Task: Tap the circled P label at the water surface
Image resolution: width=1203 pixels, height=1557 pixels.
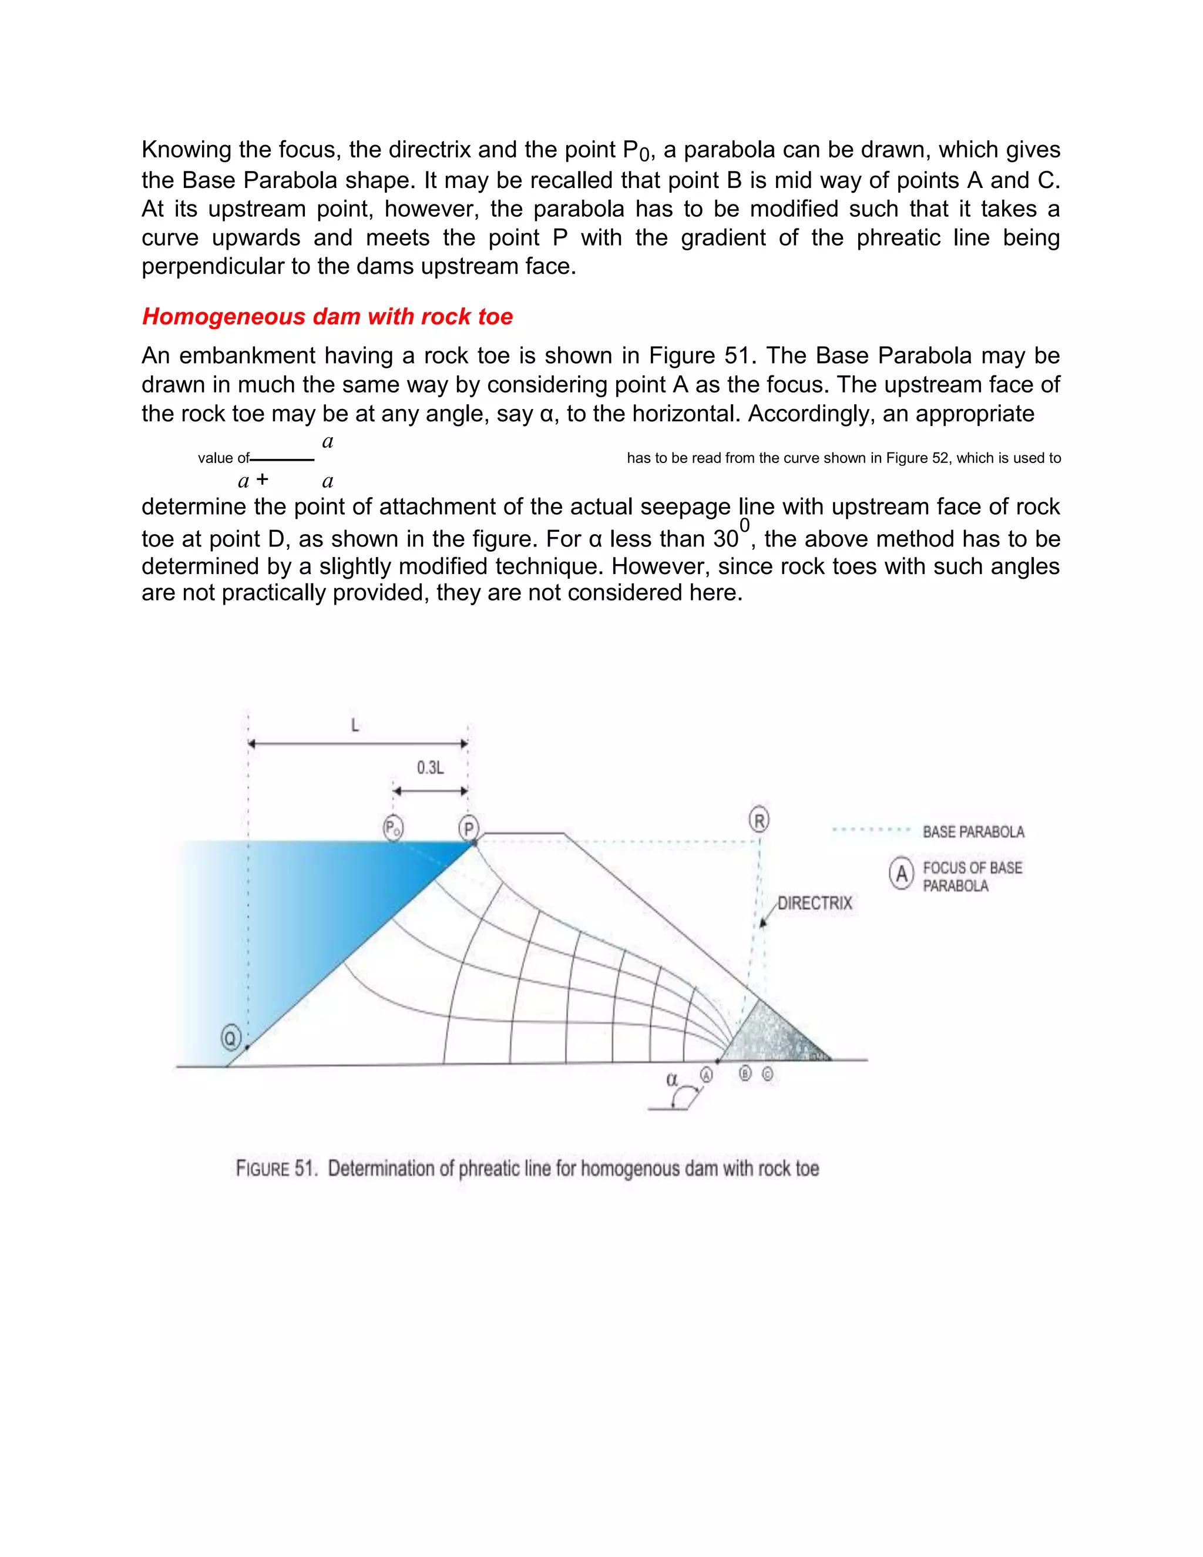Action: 468,828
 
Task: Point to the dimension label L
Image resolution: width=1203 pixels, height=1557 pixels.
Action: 355,726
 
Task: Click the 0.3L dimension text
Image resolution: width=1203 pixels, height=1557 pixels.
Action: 431,768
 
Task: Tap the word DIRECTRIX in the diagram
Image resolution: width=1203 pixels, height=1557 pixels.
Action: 815,903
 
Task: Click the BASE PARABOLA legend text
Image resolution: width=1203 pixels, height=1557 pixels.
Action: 973,832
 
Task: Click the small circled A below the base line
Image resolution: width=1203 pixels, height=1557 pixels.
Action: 706,1075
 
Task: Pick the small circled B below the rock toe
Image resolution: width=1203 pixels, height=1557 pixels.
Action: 745,1073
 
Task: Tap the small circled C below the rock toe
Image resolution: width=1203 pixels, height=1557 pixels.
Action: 768,1073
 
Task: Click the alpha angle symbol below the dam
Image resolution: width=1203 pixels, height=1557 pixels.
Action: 671,1079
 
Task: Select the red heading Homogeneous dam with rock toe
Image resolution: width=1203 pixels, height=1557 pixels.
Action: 327,317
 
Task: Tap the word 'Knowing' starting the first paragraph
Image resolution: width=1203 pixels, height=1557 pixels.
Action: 187,150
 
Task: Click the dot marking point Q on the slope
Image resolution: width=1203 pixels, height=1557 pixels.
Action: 247,1047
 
